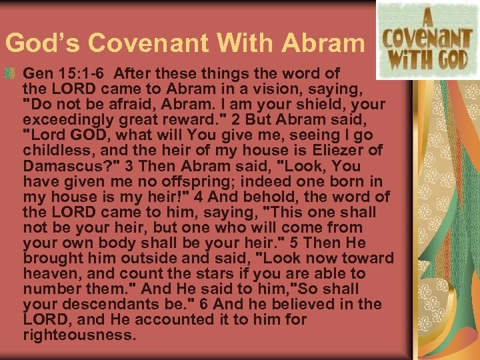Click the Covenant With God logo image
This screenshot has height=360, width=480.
point(423,40)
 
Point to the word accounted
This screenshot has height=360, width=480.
point(179,319)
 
